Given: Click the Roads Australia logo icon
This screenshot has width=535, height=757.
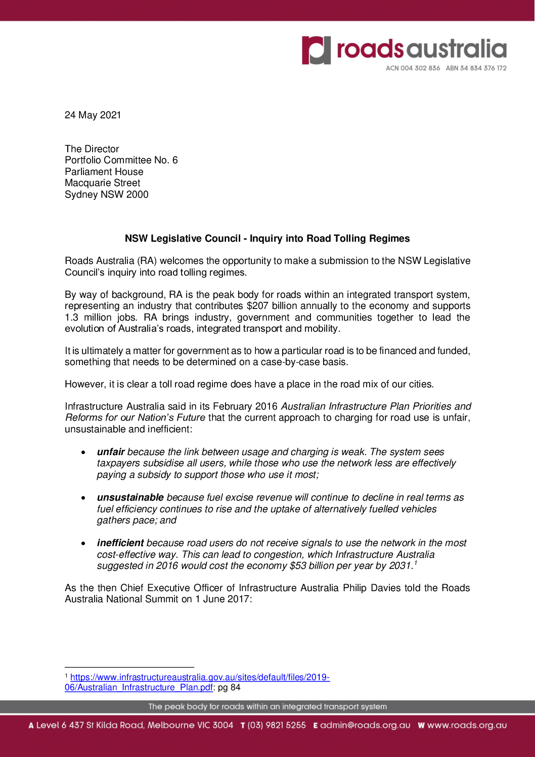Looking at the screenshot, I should coord(317,50).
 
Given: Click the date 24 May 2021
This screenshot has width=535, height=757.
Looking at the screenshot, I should coord(93,115).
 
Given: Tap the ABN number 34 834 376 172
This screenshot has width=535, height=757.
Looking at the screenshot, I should coord(482,68).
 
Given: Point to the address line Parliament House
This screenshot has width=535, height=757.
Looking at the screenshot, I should coord(104,172).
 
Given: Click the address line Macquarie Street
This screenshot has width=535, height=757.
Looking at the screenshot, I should coord(103,183).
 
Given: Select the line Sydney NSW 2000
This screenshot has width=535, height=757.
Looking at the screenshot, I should coord(107,195).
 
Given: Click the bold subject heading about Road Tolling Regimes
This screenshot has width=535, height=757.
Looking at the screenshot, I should coord(267,239).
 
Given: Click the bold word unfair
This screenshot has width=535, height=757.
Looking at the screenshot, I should coord(111,452).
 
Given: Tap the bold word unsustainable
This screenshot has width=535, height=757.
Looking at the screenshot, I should coord(130,498).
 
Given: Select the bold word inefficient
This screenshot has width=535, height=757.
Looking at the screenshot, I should coord(120,543).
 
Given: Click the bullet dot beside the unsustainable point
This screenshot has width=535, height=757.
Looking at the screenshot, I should coord(83,498).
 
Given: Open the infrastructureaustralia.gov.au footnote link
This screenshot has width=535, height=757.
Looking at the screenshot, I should coord(200,678).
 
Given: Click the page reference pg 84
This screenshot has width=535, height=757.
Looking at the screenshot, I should coord(229,688).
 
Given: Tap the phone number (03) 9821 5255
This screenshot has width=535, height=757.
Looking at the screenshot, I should coord(277,725).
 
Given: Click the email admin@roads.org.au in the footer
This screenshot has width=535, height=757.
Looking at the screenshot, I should coord(365,725).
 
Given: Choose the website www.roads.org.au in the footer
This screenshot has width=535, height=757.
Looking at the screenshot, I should coord(467,725).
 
